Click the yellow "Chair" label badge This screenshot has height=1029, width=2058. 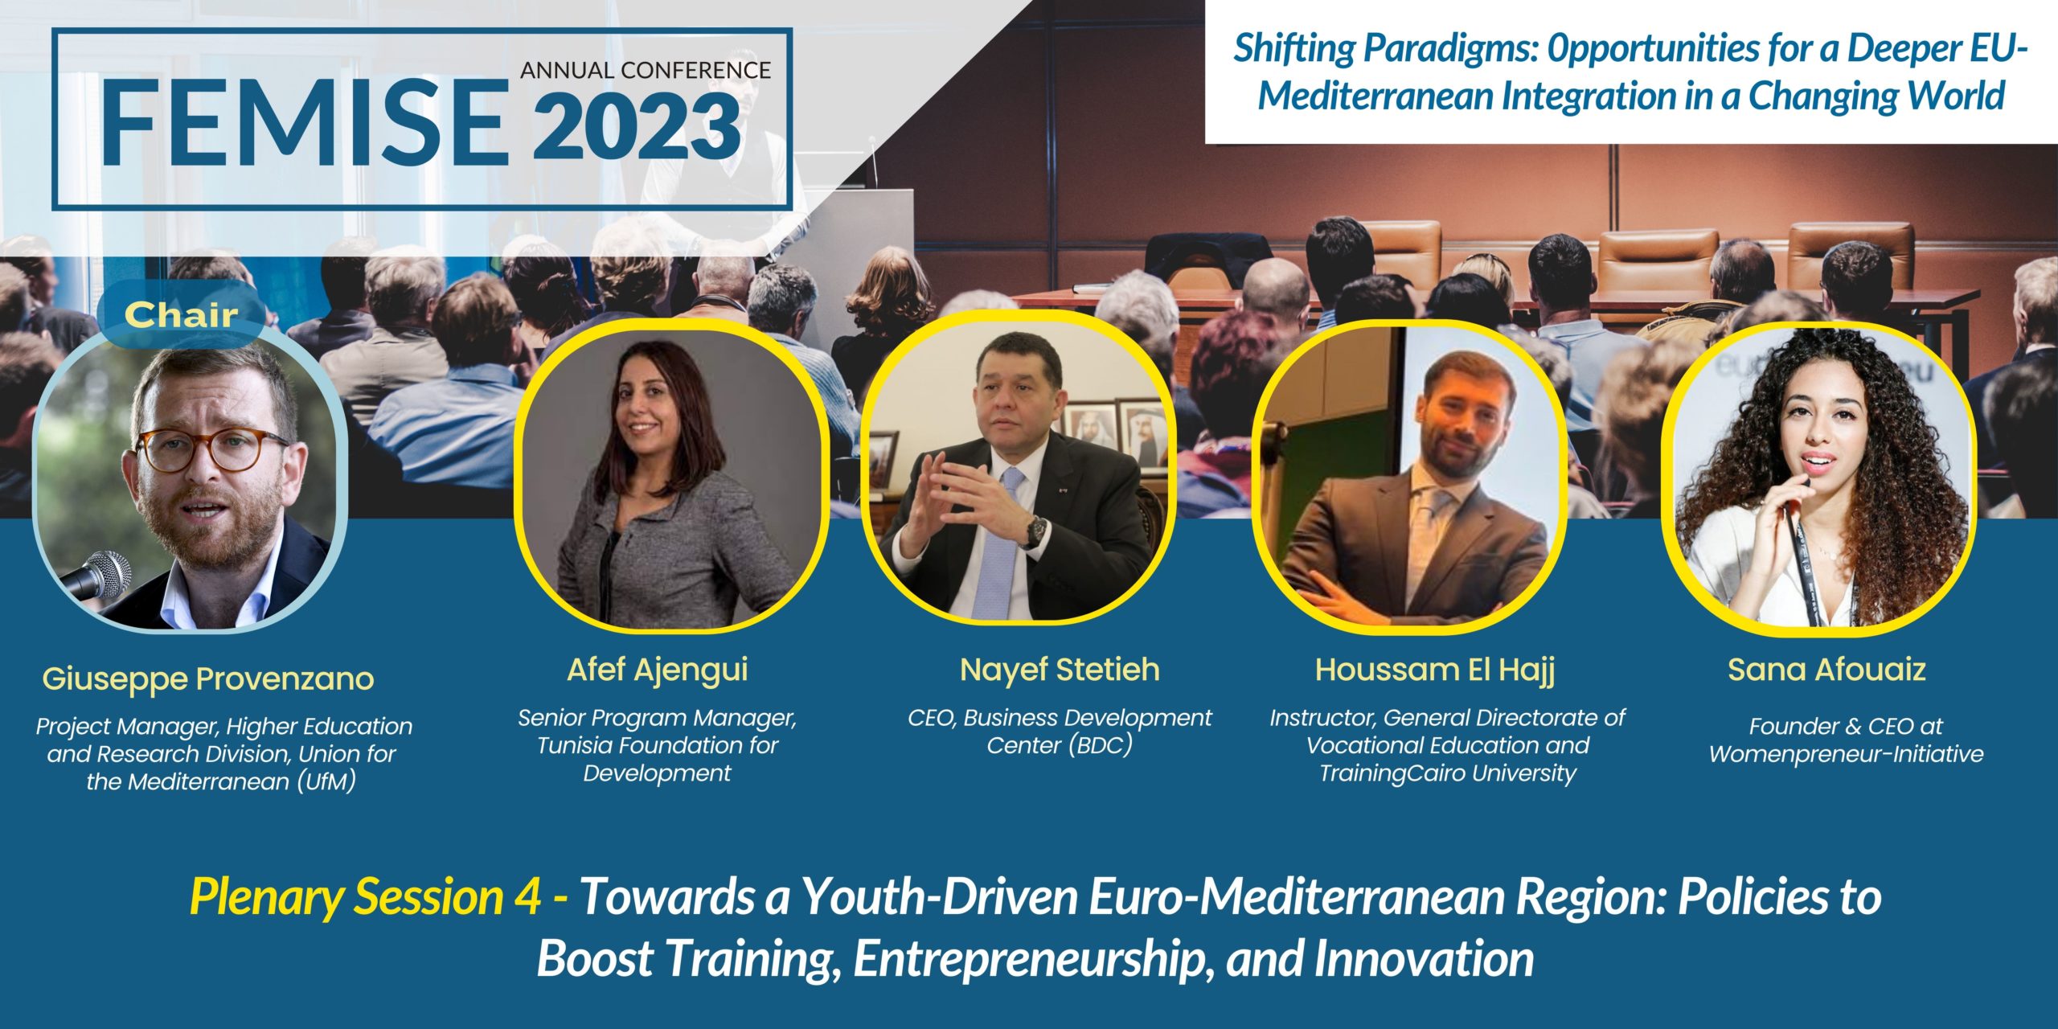tap(181, 314)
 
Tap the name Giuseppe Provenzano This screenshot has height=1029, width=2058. tap(208, 679)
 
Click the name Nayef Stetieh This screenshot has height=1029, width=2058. tap(1060, 670)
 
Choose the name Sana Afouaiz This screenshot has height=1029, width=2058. tap(1827, 670)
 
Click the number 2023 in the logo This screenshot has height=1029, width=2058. tap(637, 127)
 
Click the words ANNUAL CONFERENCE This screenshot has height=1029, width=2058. tap(646, 70)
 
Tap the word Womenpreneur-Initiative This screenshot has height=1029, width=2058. tap(1847, 754)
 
